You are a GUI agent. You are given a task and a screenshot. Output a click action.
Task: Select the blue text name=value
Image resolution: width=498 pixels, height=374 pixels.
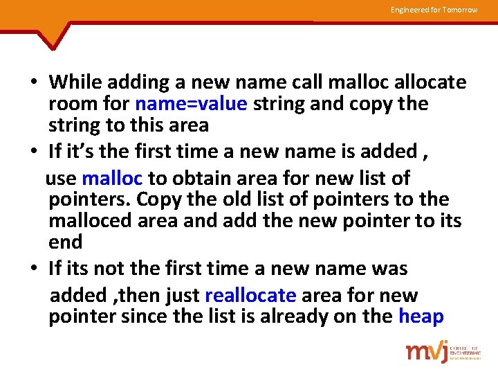coord(191,104)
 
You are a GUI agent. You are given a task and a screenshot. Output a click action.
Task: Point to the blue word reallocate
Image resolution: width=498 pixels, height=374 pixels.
coord(250,296)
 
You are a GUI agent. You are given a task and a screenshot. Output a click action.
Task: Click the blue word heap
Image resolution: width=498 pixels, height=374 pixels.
coord(421,317)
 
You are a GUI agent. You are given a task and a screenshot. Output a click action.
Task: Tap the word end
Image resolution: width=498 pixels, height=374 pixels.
coord(66,242)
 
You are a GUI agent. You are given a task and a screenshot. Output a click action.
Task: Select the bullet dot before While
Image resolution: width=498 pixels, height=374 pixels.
coord(33,83)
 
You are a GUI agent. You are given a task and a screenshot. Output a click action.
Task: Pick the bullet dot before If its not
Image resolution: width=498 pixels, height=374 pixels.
coord(33,269)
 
